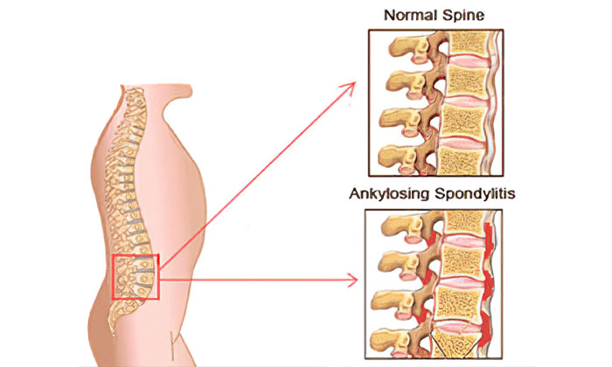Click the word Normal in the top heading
click(x=410, y=16)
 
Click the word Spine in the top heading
click(x=463, y=16)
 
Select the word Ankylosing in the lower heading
click(x=390, y=194)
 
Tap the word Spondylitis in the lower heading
click(x=475, y=193)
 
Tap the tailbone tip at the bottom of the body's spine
click(x=114, y=332)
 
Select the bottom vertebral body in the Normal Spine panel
click(x=460, y=162)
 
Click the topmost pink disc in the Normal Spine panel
click(x=467, y=61)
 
